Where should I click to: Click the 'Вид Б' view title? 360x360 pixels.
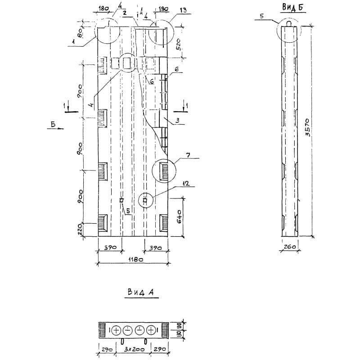click(x=292, y=7)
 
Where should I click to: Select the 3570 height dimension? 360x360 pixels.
click(x=308, y=127)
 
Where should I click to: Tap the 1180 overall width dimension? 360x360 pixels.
click(x=136, y=260)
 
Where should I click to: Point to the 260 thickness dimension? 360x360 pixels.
click(x=289, y=247)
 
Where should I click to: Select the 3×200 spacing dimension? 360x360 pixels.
click(x=135, y=350)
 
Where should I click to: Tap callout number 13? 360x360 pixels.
click(x=183, y=10)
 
